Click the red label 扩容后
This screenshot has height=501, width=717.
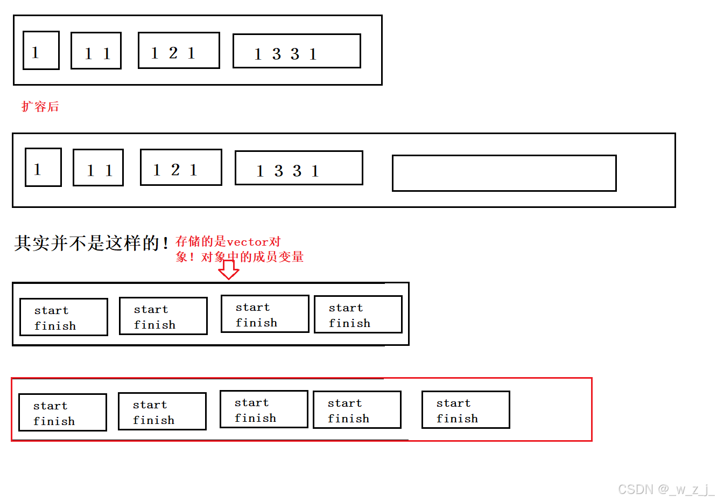click(x=40, y=107)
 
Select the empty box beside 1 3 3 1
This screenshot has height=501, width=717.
click(x=504, y=173)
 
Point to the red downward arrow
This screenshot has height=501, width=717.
click(x=229, y=269)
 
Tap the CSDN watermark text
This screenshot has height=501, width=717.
click(x=665, y=489)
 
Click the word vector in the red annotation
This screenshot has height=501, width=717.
click(x=248, y=242)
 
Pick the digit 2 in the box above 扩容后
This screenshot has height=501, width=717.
click(x=173, y=53)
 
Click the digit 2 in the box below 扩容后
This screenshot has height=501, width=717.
click(x=175, y=170)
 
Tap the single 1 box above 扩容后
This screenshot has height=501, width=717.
click(x=41, y=51)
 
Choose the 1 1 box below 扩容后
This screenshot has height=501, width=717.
click(x=98, y=168)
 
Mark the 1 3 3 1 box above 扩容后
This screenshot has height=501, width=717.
click(x=297, y=51)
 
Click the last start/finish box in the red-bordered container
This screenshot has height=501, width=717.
click(x=466, y=410)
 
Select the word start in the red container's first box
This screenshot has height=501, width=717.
click(x=51, y=406)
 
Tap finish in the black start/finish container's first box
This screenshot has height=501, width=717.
click(x=55, y=326)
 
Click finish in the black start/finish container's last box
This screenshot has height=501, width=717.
click(x=349, y=323)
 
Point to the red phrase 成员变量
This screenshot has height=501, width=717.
click(x=285, y=257)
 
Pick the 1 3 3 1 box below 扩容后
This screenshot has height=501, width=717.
click(x=299, y=168)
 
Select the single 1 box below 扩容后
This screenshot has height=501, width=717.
click(x=43, y=168)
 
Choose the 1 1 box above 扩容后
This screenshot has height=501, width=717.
click(x=96, y=51)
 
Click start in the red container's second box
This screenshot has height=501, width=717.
click(x=150, y=405)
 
